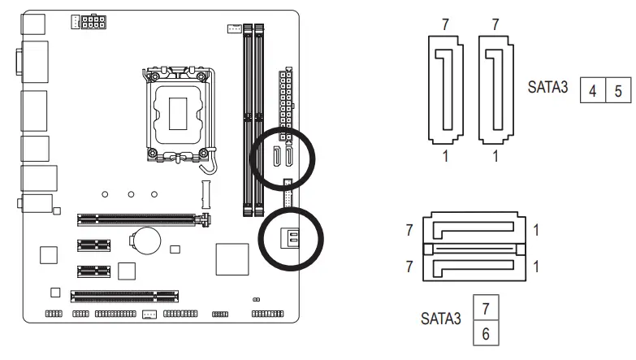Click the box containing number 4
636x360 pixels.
click(592, 90)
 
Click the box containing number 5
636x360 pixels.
click(617, 90)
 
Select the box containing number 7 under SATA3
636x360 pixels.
click(486, 309)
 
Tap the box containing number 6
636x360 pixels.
click(486, 333)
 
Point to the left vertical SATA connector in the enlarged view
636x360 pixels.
click(443, 89)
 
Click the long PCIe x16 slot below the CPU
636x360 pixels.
click(141, 219)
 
